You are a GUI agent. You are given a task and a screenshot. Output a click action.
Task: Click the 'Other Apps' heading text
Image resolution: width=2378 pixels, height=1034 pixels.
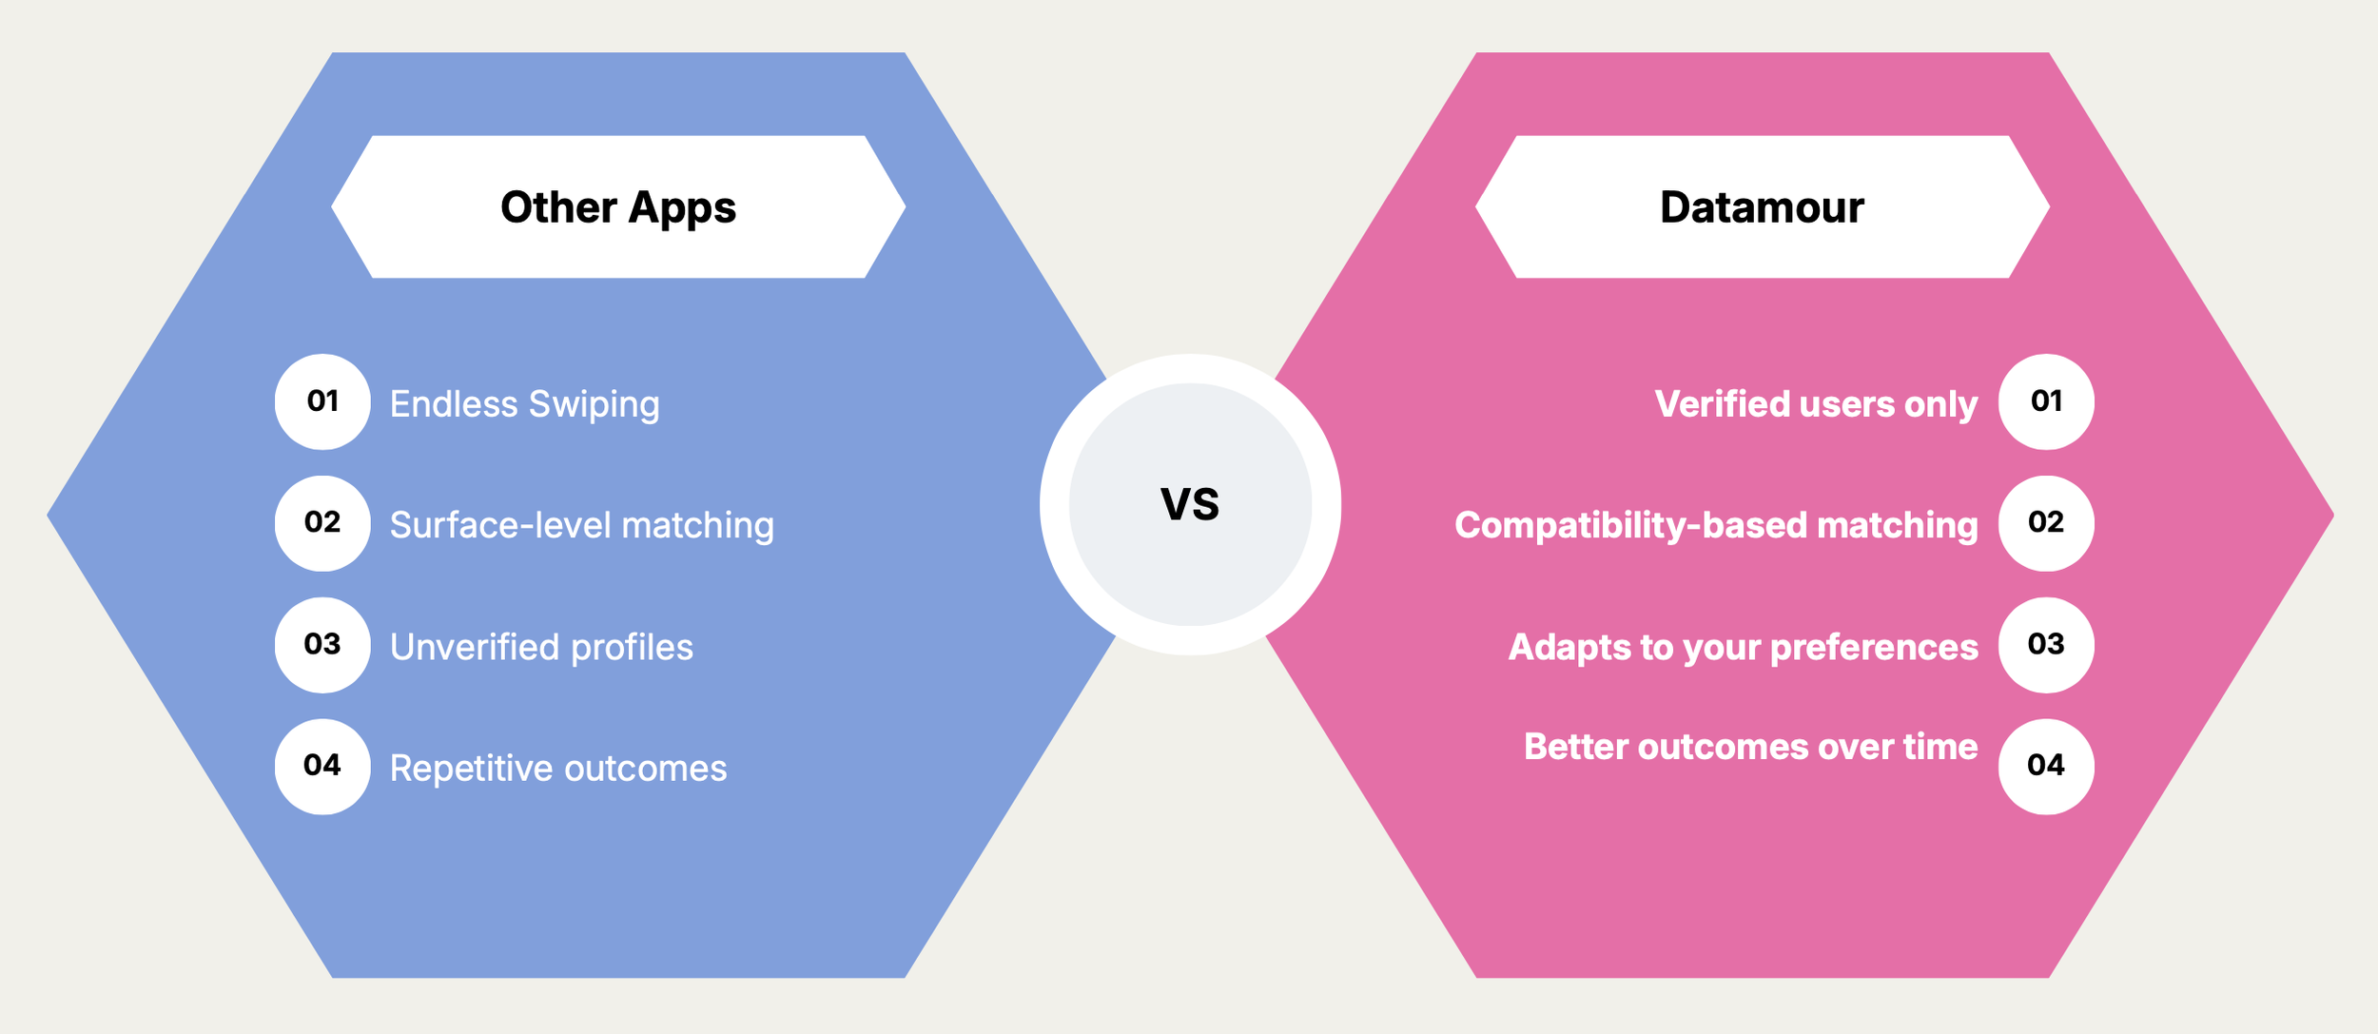(618, 207)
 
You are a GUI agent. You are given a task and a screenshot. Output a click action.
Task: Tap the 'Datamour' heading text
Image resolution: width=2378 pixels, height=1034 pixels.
(1762, 207)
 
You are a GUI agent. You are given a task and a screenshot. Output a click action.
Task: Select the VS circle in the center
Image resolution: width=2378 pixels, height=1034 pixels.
(1190, 504)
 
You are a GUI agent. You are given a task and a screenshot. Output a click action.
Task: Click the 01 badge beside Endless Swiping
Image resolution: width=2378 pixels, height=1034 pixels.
(322, 401)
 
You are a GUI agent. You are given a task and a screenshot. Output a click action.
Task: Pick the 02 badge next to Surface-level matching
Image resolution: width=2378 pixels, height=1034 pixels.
(322, 523)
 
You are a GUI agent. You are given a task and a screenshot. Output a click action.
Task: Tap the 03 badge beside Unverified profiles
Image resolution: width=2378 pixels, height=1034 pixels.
(322, 645)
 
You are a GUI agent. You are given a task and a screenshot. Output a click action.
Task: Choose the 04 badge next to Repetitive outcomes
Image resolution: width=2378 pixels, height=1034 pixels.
(322, 767)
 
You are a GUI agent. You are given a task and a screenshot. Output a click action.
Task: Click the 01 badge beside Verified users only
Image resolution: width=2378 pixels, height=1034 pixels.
(2046, 401)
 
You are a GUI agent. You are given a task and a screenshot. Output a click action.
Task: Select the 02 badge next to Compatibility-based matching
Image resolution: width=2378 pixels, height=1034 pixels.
(2046, 523)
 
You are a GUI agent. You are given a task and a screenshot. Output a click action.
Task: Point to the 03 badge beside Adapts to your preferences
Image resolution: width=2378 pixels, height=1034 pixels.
(2046, 645)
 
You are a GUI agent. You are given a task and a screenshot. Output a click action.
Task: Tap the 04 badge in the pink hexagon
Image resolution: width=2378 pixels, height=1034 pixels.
(2046, 767)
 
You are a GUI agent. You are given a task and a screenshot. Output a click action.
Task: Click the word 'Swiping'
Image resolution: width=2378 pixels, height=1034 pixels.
(594, 405)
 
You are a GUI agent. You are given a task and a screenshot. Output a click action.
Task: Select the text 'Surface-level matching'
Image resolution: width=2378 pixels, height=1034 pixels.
(582, 526)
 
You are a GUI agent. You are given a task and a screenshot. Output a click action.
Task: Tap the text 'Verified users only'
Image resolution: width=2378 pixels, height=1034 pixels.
(1817, 404)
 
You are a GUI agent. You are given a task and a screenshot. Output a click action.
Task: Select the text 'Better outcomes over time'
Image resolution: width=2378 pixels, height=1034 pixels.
(1751, 747)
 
